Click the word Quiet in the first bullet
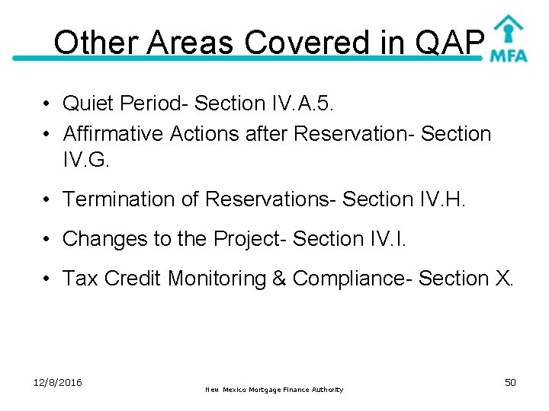(88, 102)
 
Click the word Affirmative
(113, 134)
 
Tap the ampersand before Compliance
(278, 279)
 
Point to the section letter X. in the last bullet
(505, 279)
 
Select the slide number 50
(510, 382)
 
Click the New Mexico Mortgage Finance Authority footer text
(274, 390)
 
